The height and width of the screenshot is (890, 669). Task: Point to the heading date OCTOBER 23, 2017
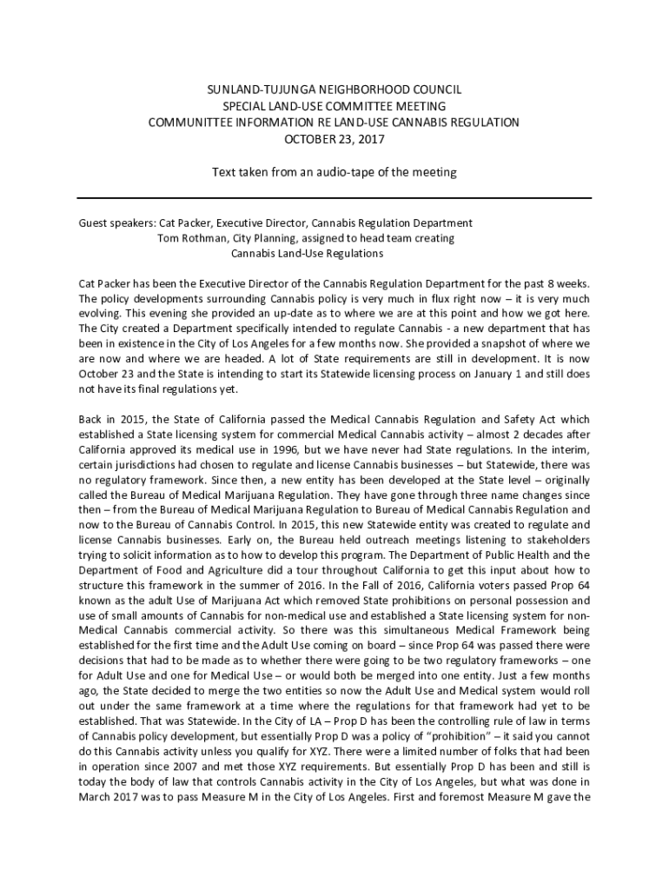[x=334, y=139]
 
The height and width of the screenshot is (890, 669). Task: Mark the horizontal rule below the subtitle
[x=334, y=198]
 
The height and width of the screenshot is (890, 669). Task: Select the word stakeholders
[x=556, y=540]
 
